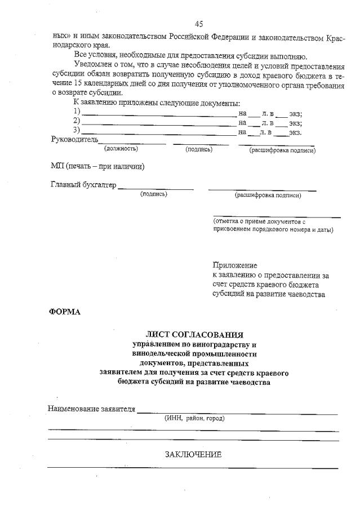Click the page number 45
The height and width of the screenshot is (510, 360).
pyautogui.click(x=199, y=24)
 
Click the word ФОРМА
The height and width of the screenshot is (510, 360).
pyautogui.click(x=65, y=312)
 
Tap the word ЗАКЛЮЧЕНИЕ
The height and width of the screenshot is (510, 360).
pyautogui.click(x=193, y=455)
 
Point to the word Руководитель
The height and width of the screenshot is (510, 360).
pyautogui.click(x=74, y=139)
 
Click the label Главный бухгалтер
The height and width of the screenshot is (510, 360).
pyautogui.click(x=83, y=185)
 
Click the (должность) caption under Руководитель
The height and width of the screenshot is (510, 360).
pyautogui.click(x=121, y=149)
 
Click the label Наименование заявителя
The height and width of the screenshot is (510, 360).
pyautogui.click(x=92, y=409)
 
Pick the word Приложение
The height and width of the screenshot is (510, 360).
pyautogui.click(x=235, y=265)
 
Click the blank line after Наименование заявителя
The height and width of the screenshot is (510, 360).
pyautogui.click(x=237, y=413)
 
